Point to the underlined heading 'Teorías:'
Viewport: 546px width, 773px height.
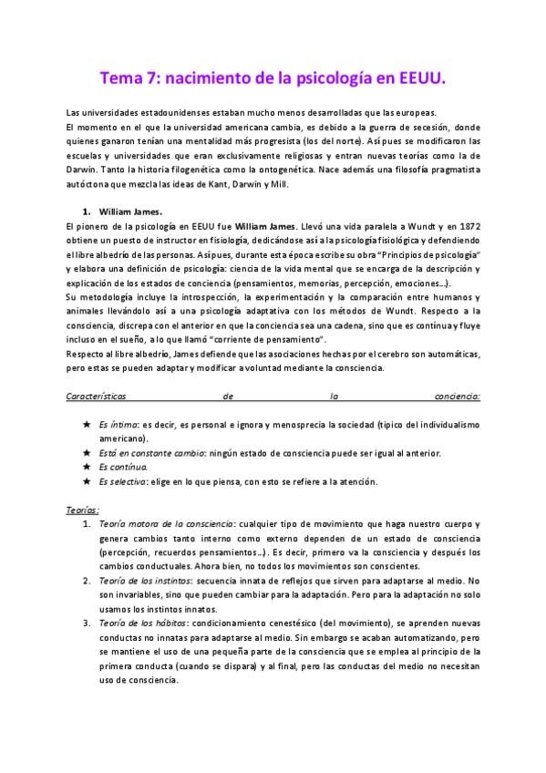pyautogui.click(x=84, y=510)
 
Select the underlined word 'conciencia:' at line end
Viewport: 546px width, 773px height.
pyautogui.click(x=457, y=397)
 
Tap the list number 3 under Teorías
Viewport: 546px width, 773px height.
pyautogui.click(x=87, y=623)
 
